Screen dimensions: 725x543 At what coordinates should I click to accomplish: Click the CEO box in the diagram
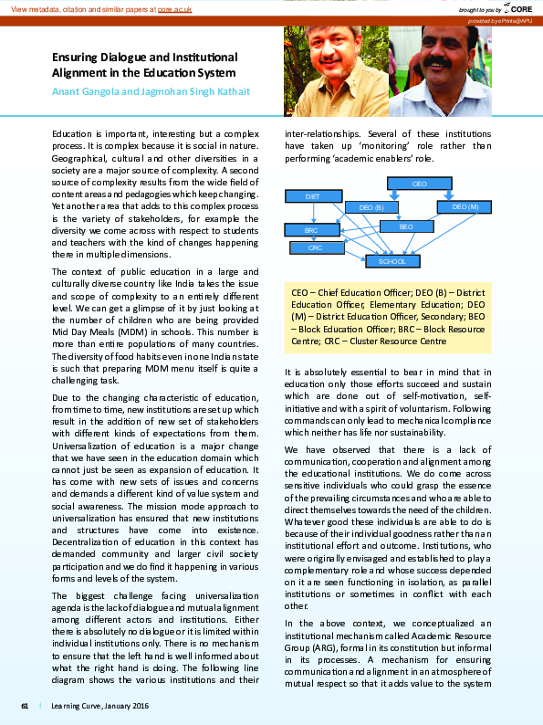coord(419,184)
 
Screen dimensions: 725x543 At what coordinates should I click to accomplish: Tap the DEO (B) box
coord(371,207)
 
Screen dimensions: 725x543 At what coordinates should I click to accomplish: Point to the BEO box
coord(406,226)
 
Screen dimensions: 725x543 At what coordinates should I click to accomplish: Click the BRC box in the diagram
coord(312,231)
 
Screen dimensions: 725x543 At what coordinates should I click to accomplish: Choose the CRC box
coord(315,247)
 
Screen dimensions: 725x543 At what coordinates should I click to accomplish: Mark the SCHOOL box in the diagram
coord(393,261)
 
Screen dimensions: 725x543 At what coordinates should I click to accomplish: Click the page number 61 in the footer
coord(25,706)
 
